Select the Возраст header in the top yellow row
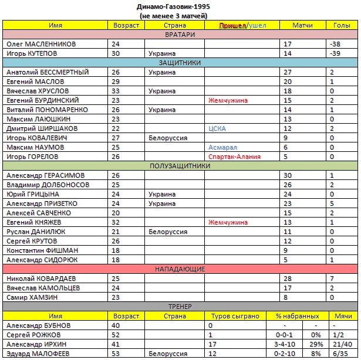126,26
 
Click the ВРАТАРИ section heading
180,35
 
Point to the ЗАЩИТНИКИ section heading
180,63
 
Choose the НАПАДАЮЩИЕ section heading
180,269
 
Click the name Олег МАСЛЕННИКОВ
42,44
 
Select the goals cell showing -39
336,53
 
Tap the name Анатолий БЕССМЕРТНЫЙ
47,72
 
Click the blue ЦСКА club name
217,128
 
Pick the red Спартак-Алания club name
234,157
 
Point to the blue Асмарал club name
222,147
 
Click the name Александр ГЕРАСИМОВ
45,175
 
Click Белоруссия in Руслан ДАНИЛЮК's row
167,232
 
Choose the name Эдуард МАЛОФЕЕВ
41,354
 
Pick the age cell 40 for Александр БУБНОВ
115,325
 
